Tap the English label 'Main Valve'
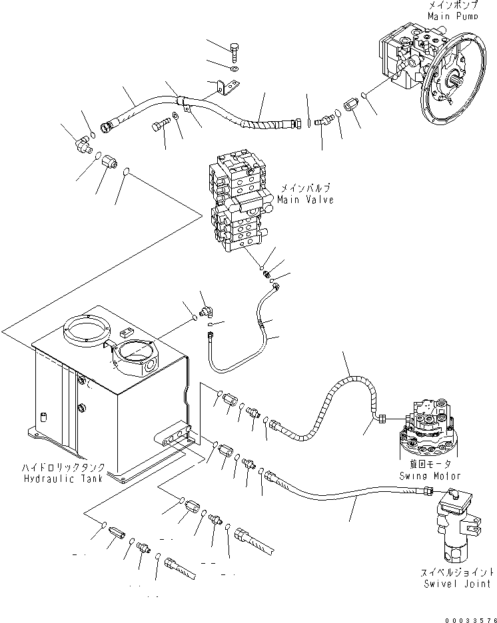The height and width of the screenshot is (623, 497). (306, 199)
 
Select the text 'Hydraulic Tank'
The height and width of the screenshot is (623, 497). (63, 479)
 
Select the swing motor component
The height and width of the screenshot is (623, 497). (430, 429)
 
